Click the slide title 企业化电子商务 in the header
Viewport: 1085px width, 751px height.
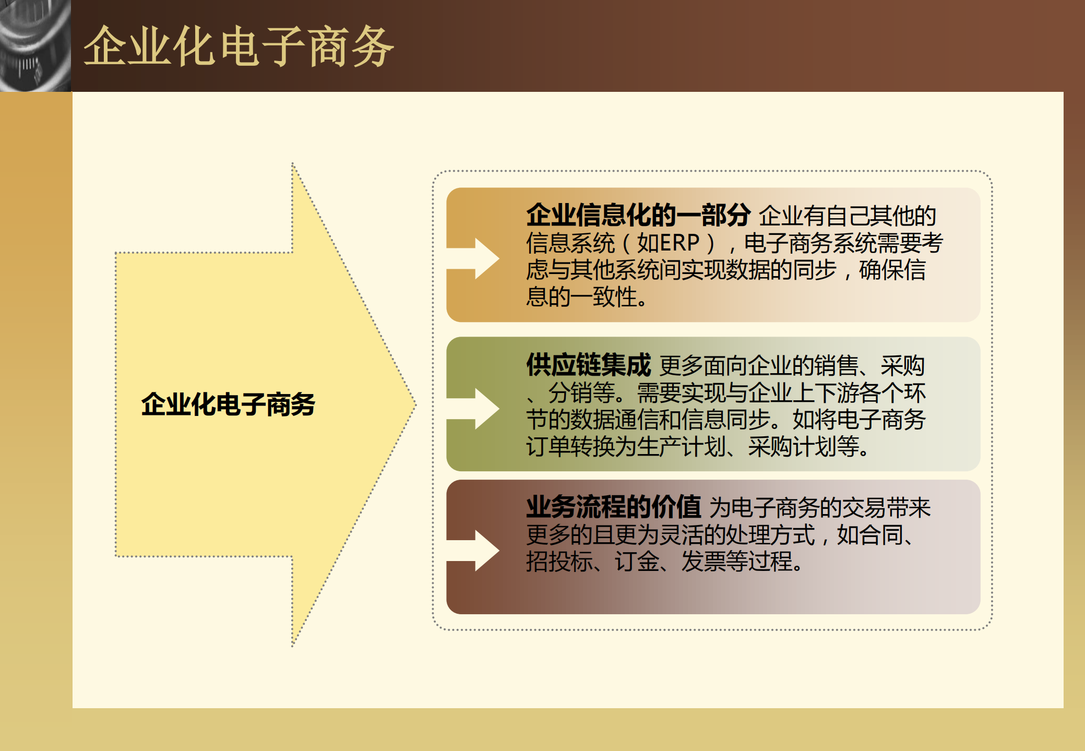click(238, 47)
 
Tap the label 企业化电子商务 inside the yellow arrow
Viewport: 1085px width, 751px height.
click(228, 404)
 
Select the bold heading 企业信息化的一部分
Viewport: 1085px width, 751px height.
click(638, 215)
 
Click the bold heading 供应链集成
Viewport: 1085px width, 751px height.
click(588, 365)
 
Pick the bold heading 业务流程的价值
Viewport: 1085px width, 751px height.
click(613, 507)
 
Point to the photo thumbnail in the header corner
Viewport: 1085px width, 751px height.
click(35, 46)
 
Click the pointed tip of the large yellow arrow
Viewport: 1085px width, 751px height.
click(413, 404)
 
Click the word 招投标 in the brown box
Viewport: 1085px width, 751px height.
click(559, 562)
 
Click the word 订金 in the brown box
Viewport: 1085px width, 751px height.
click(637, 562)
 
